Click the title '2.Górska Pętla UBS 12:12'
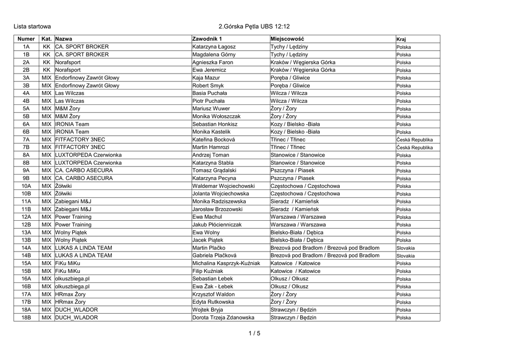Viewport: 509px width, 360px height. pos(254,26)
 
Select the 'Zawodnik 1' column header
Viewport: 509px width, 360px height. pos(207,39)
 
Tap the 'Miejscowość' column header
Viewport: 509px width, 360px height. pos(287,39)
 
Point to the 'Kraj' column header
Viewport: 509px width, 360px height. pos(401,39)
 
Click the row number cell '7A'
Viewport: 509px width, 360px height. pos(26,140)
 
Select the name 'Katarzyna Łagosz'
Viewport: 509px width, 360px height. pos(214,47)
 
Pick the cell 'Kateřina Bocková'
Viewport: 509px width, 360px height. pos(214,140)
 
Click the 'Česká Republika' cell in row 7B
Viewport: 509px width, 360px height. pos(415,148)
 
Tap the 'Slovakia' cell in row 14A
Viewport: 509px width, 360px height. pos(406,248)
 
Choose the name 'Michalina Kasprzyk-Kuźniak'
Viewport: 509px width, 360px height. pos(226,264)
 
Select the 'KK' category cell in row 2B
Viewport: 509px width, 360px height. pos(47,70)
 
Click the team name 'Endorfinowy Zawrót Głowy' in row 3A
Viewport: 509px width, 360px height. pos(87,78)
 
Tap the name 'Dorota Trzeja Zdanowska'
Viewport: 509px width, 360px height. pos(223,318)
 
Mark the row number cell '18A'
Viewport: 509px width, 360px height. pos(26,310)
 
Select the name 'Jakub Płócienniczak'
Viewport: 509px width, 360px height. pos(217,225)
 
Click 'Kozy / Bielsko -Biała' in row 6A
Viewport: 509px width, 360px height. pos(295,124)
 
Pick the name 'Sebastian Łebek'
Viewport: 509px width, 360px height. pos(212,279)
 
